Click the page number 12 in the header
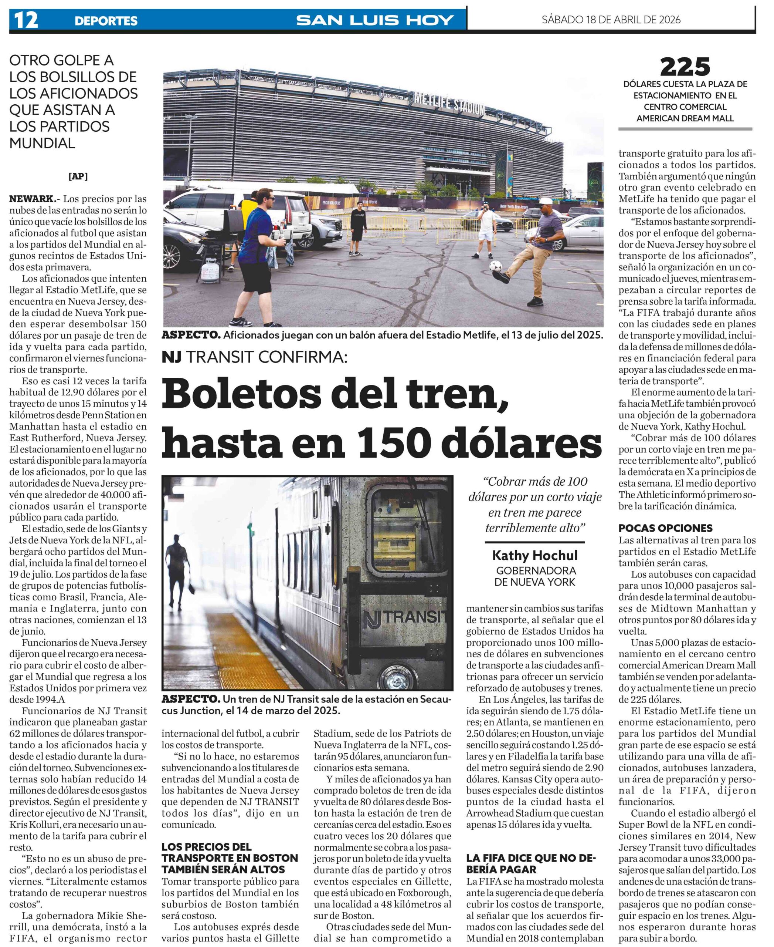coord(26,20)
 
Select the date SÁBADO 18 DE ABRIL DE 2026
coord(611,20)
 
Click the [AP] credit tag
coord(78,176)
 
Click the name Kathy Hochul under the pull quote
coord(534,555)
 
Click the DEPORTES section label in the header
coord(106,20)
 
